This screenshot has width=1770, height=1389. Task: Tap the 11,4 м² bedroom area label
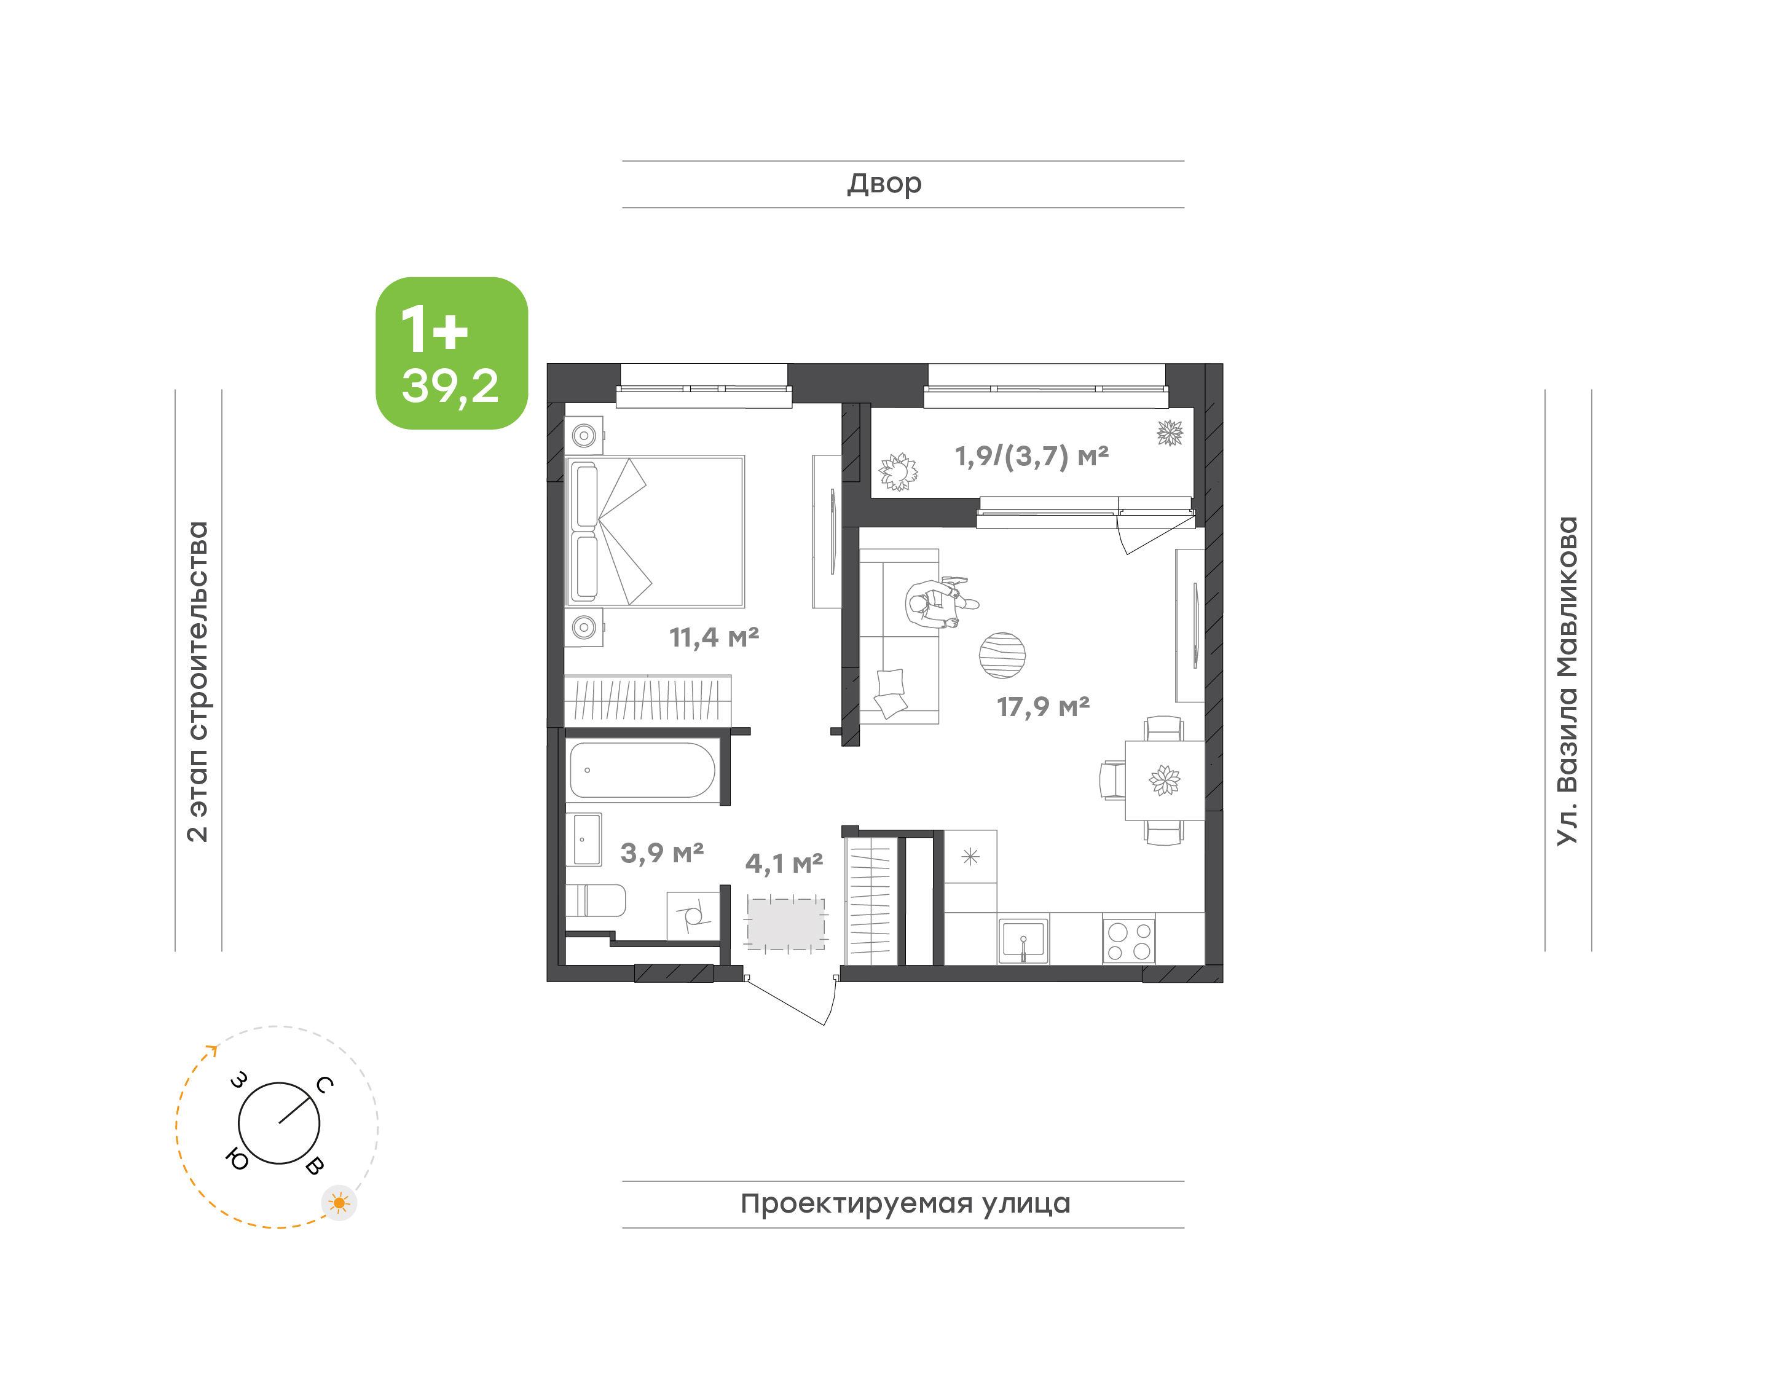[714, 637]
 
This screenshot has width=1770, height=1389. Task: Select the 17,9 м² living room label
[1043, 707]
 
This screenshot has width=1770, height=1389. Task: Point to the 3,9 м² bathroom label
[662, 853]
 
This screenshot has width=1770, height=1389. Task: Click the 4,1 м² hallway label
[784, 864]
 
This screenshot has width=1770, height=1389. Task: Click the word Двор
[884, 184]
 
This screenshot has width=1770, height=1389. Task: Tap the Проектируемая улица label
[905, 1203]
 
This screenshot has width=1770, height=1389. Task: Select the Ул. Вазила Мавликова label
[1567, 681]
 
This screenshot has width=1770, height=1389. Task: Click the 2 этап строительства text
[197, 682]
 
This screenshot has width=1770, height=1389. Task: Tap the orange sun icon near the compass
[339, 1203]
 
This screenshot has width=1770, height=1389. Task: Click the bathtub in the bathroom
[642, 770]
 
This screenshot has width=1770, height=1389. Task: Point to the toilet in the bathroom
[596, 900]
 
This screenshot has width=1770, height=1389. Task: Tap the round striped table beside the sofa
[1002, 655]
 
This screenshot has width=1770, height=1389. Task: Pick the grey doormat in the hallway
[785, 924]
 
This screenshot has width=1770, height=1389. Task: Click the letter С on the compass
[324, 1085]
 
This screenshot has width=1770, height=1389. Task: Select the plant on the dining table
[1164, 780]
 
